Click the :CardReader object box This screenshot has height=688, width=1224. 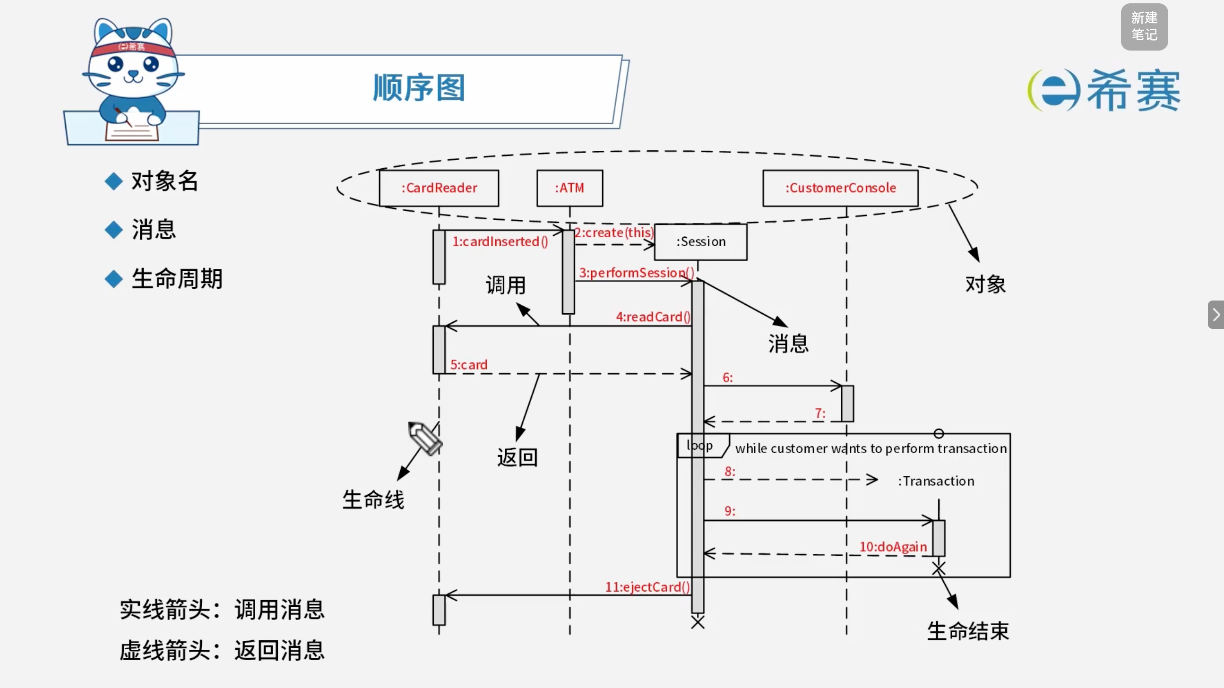(439, 188)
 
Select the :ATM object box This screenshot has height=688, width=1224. (570, 188)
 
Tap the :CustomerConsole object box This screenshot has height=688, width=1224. (840, 188)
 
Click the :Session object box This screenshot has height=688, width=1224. (700, 242)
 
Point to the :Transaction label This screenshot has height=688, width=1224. (936, 482)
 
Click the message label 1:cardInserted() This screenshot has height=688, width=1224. (500, 241)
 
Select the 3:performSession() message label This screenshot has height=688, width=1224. (636, 273)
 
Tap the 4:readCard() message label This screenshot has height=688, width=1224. (653, 317)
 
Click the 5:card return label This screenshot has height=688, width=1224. (468, 365)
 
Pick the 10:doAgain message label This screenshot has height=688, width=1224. (893, 547)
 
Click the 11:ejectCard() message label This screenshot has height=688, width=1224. (646, 587)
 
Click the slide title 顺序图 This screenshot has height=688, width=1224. (419, 88)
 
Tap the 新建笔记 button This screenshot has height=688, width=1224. (1144, 26)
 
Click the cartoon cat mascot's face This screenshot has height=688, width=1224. (134, 69)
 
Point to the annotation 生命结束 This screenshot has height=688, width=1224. (968, 631)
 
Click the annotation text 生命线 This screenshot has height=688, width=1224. (373, 500)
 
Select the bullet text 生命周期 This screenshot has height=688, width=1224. (177, 279)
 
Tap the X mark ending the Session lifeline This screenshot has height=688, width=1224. (698, 622)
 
